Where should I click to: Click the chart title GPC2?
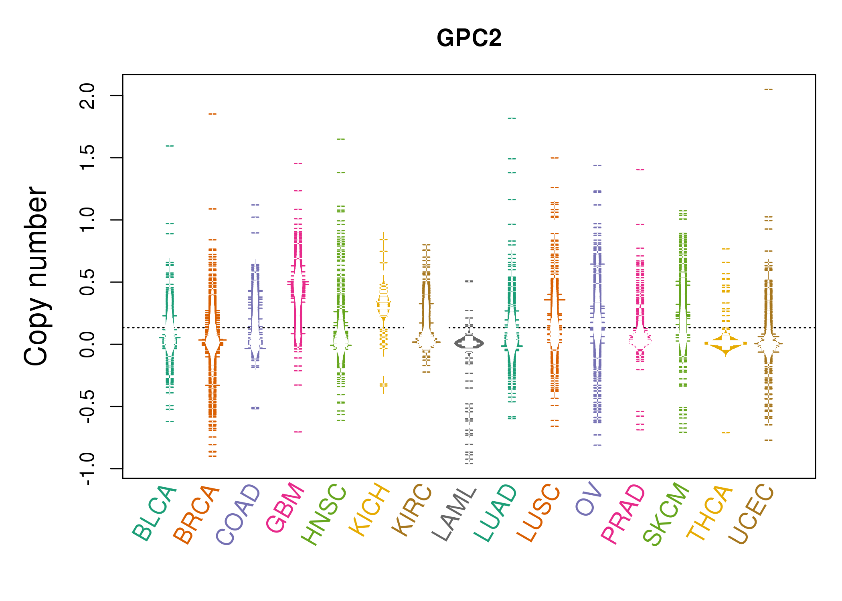point(469,38)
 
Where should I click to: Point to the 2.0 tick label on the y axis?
point(87,96)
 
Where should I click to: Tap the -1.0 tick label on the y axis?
point(87,469)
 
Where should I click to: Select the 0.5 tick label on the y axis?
point(87,282)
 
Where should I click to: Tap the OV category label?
point(589,499)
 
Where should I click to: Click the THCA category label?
point(710,513)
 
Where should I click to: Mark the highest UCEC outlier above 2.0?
point(768,89)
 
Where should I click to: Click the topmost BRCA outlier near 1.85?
point(212,114)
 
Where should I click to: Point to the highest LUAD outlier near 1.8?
point(512,119)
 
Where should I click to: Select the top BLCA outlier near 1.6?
point(170,146)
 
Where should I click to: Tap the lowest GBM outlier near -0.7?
point(298,432)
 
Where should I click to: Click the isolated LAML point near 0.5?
point(469,281)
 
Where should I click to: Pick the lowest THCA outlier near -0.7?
point(726,433)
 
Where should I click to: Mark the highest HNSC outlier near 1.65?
point(341,139)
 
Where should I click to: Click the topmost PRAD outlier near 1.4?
point(640,170)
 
